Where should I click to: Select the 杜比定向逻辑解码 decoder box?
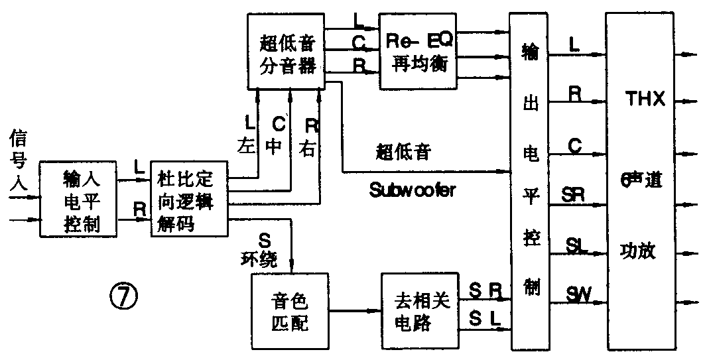[x=189, y=199]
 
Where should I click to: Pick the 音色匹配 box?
[x=290, y=312]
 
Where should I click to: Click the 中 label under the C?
[x=274, y=147]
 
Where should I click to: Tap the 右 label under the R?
[x=308, y=147]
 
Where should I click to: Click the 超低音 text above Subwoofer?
[x=403, y=152]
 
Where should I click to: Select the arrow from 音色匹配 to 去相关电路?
[x=355, y=310]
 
